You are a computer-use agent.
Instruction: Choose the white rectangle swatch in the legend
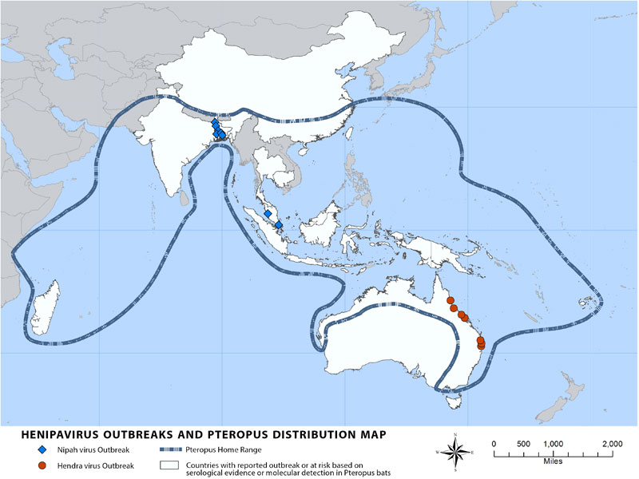pyautogui.click(x=169, y=465)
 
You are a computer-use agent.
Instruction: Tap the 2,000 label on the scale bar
pyautogui.click(x=612, y=444)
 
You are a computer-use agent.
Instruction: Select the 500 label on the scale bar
pyautogui.click(x=522, y=444)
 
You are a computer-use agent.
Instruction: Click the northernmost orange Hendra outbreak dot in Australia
pyautogui.click(x=450, y=300)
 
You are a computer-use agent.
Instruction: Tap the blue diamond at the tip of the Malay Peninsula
pyautogui.click(x=279, y=225)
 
